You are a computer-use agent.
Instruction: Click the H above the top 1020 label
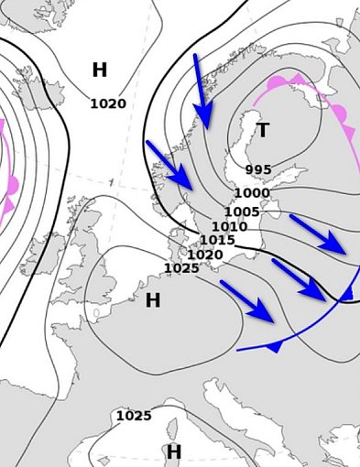100,70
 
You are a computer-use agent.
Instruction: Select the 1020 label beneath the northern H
107,103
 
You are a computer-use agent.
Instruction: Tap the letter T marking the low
263,131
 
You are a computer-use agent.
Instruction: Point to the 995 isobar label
258,170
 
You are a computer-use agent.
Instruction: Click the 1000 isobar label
251,193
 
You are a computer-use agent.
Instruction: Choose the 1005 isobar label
242,212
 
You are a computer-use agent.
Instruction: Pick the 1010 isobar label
229,227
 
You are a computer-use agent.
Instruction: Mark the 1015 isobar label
217,241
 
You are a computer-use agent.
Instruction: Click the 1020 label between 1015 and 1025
205,255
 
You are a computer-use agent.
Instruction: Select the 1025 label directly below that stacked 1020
181,268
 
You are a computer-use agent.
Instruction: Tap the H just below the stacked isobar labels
153,300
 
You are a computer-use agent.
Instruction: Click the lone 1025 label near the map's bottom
133,416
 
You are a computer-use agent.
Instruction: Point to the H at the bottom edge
174,451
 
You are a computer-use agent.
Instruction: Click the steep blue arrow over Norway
202,92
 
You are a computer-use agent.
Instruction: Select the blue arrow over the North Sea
169,165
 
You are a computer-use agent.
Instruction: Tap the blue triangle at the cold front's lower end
274,346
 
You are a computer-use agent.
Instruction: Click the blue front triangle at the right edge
346,293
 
